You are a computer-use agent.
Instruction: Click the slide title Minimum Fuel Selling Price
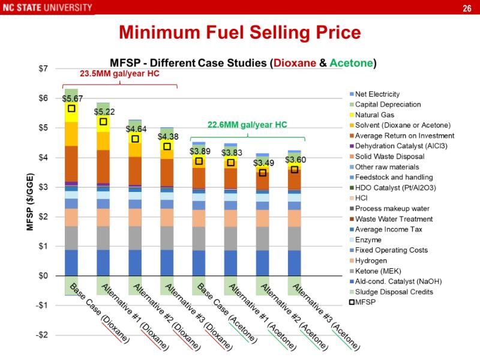(240, 31)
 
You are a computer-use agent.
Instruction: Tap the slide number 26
(466, 8)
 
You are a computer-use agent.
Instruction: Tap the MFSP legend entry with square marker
(364, 302)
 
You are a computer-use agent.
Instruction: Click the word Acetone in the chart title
(352, 62)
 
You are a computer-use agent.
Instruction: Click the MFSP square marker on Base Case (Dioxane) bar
(71, 109)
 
